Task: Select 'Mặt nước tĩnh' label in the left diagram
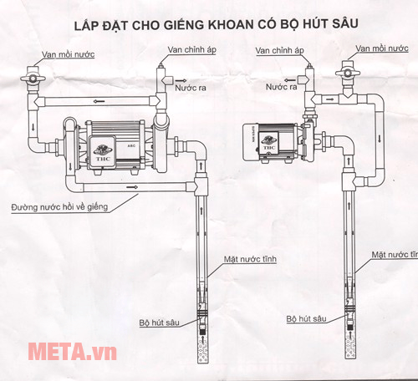point(249,260)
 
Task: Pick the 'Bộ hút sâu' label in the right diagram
point(306,319)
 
